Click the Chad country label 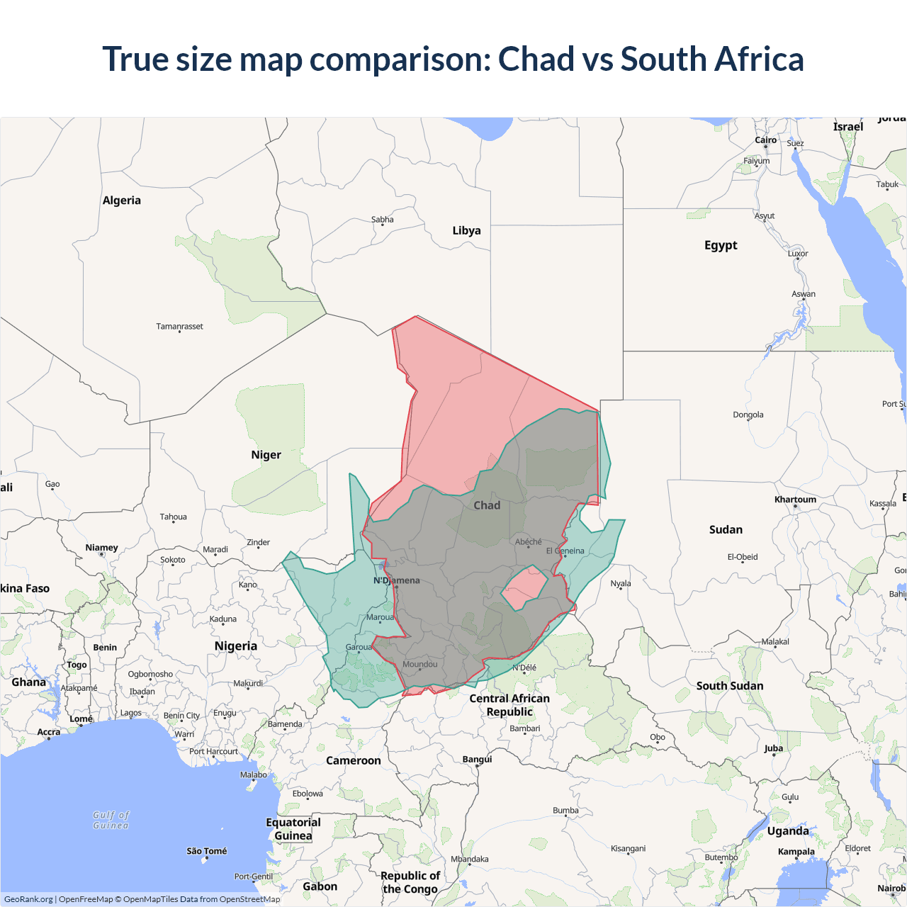click(x=487, y=505)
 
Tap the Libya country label click(x=466, y=230)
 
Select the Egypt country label click(x=721, y=245)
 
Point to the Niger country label click(x=266, y=455)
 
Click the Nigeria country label click(x=236, y=646)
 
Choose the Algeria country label click(x=122, y=201)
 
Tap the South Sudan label click(x=730, y=686)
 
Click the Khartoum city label click(x=795, y=500)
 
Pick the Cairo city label click(x=765, y=140)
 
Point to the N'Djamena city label click(x=397, y=580)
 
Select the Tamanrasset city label click(x=179, y=327)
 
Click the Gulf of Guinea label click(x=111, y=820)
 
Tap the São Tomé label click(x=207, y=851)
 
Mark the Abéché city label click(x=529, y=542)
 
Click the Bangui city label click(x=477, y=759)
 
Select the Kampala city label click(x=796, y=852)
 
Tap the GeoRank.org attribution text click(x=28, y=899)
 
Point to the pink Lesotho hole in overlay click(x=525, y=587)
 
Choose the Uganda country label click(x=787, y=831)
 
